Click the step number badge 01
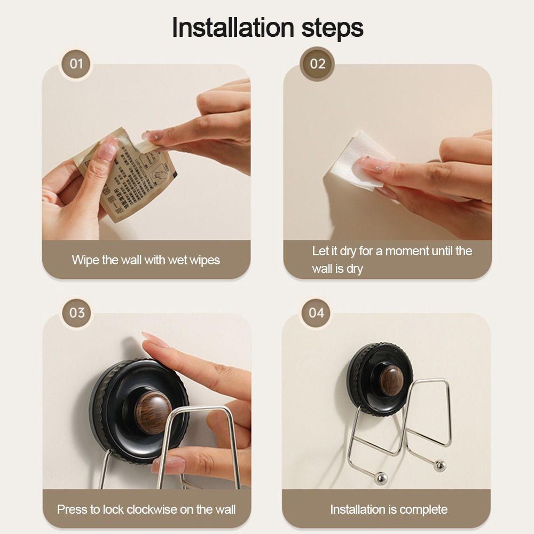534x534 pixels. pyautogui.click(x=77, y=64)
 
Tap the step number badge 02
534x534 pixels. pyautogui.click(x=317, y=64)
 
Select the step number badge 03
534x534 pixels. pyautogui.click(x=77, y=312)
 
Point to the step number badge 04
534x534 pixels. pyautogui.click(x=317, y=312)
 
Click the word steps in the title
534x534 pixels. pyautogui.click(x=331, y=28)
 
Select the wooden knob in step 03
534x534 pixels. pyautogui.click(x=153, y=411)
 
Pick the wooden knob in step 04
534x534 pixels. pyautogui.click(x=391, y=381)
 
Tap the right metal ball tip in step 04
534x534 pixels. pyautogui.click(x=439, y=466)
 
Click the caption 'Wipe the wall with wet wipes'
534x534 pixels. pyautogui.click(x=146, y=261)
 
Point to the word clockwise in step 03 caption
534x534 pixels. pyautogui.click(x=154, y=509)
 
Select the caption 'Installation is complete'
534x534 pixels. pyautogui.click(x=389, y=509)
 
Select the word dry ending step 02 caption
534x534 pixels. pyautogui.click(x=354, y=269)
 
